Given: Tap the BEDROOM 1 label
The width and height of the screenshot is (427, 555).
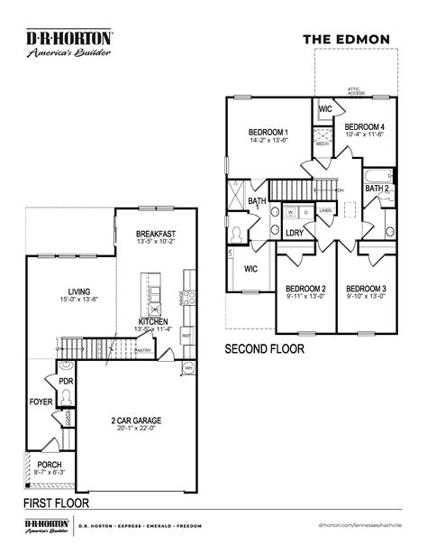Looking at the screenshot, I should click(x=268, y=132).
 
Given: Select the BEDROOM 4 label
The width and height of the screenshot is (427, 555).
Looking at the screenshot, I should click(x=364, y=126).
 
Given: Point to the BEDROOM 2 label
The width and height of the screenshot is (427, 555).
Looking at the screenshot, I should click(x=304, y=289).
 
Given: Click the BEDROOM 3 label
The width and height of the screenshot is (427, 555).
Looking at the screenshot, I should click(x=365, y=289).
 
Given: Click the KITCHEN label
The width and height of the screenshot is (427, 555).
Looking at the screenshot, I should click(x=154, y=321).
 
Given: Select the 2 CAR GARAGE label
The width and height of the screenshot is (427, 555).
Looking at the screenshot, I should click(x=137, y=421).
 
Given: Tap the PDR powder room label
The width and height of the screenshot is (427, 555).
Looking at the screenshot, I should click(x=66, y=382).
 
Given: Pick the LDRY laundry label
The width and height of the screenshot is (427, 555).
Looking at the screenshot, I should click(x=293, y=232).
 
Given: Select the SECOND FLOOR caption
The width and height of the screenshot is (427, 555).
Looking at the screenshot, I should click(x=264, y=348).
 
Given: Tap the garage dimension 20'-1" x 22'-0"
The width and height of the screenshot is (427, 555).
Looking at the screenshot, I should click(x=137, y=430).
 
